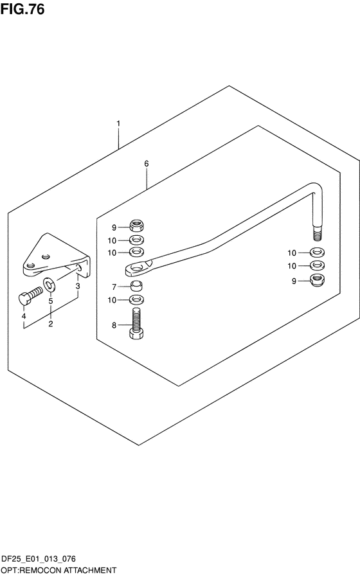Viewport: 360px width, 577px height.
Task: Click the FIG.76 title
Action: click(22, 9)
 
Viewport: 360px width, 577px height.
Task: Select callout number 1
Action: click(118, 123)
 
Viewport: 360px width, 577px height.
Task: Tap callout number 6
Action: click(147, 163)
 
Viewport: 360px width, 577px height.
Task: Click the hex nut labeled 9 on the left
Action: click(136, 225)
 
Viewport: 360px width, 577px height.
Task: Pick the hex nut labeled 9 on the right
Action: click(318, 280)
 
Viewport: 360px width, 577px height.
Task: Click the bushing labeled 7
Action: click(136, 285)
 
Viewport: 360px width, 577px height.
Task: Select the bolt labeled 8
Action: click(136, 323)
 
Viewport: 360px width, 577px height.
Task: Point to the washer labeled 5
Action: click(50, 283)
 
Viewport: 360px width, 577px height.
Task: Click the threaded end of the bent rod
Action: click(318, 234)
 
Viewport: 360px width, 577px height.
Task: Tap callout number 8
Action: click(114, 325)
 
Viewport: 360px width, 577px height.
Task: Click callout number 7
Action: click(114, 287)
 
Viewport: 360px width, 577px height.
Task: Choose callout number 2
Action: click(50, 324)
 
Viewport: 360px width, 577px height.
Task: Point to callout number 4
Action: click(24, 316)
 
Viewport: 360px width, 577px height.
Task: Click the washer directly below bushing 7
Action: click(136, 299)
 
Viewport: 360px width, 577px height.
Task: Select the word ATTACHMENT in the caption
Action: click(91, 571)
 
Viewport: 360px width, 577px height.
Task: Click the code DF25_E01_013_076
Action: click(39, 559)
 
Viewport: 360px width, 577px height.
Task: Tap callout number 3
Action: click(78, 287)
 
